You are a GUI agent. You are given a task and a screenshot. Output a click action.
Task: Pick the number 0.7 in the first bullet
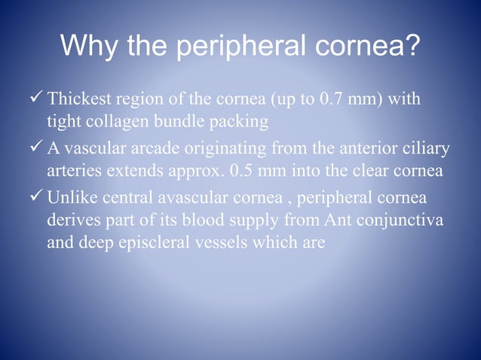pos(325,100)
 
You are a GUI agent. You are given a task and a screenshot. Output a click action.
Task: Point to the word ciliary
pos(428,150)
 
